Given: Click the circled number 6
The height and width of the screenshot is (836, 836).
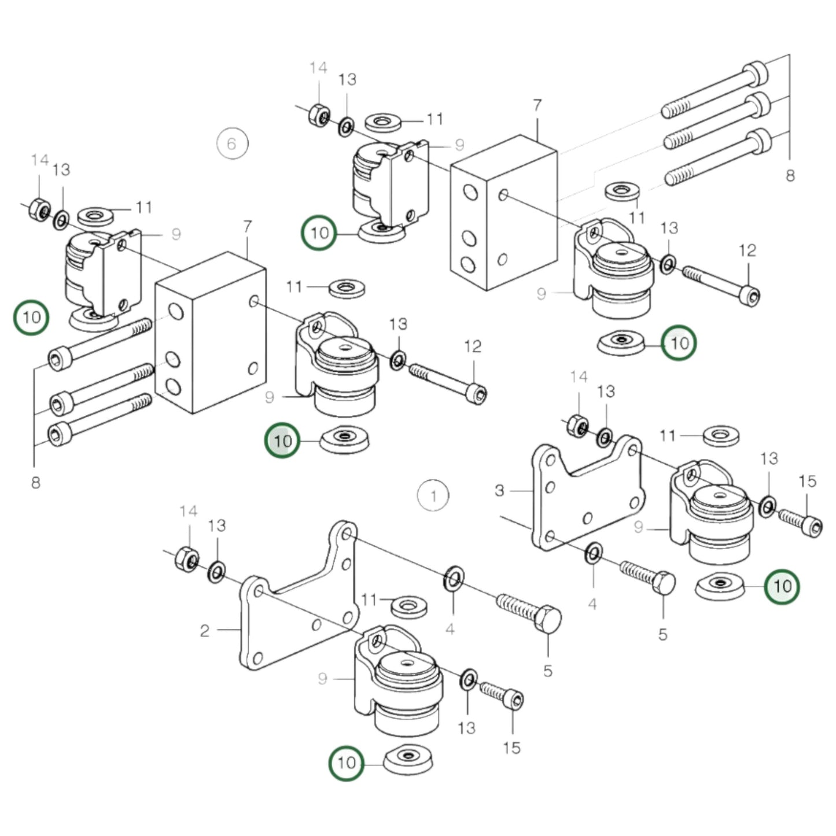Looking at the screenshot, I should click(232, 143).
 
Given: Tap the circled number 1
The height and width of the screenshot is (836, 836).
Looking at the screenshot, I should click(433, 496).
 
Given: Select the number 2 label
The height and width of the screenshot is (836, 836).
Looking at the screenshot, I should click(204, 630).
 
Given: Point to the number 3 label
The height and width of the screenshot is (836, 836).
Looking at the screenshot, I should click(499, 491).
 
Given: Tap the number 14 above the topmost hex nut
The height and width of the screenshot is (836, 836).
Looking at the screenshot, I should click(318, 68).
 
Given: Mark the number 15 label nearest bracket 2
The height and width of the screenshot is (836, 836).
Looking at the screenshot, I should click(511, 748).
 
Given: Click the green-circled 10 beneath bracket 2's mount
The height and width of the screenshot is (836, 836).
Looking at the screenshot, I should click(346, 763).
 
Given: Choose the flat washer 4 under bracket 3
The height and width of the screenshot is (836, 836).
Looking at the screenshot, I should click(594, 554).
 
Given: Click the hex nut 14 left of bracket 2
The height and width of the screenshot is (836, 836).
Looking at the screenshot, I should click(187, 559).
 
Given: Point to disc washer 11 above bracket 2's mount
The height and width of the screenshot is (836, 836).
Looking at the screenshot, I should click(410, 607).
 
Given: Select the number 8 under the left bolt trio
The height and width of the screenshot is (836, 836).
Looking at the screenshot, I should click(35, 482).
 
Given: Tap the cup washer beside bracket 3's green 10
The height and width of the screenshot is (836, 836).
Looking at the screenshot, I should click(719, 587).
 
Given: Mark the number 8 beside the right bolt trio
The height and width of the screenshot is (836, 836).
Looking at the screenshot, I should click(790, 175).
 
